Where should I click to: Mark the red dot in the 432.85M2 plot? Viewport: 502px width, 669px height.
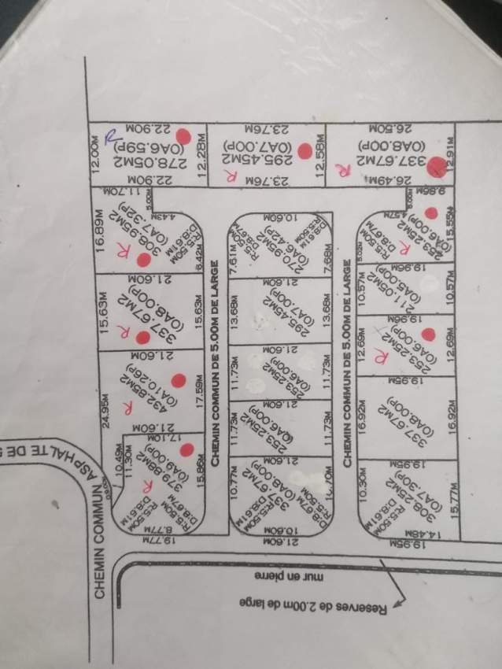tap(179, 380)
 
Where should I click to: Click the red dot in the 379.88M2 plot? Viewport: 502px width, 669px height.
tap(186, 450)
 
